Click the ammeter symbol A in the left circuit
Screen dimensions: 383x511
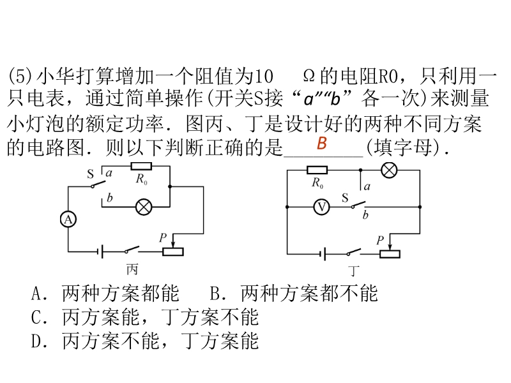(x=68, y=219)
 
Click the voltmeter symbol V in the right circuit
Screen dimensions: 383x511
(x=324, y=207)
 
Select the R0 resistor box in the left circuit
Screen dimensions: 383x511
(x=141, y=167)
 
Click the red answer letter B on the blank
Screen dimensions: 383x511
(x=322, y=143)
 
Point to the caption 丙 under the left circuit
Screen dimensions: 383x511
(x=133, y=268)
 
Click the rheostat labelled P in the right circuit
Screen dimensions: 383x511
(x=390, y=253)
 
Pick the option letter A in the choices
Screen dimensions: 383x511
(x=38, y=294)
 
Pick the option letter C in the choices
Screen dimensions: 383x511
(x=38, y=317)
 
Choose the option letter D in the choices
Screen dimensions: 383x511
(x=38, y=341)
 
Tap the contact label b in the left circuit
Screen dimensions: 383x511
(x=111, y=198)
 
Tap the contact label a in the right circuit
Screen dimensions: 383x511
(x=367, y=186)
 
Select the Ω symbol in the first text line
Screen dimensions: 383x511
(x=308, y=77)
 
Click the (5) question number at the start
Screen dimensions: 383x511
(x=19, y=77)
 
